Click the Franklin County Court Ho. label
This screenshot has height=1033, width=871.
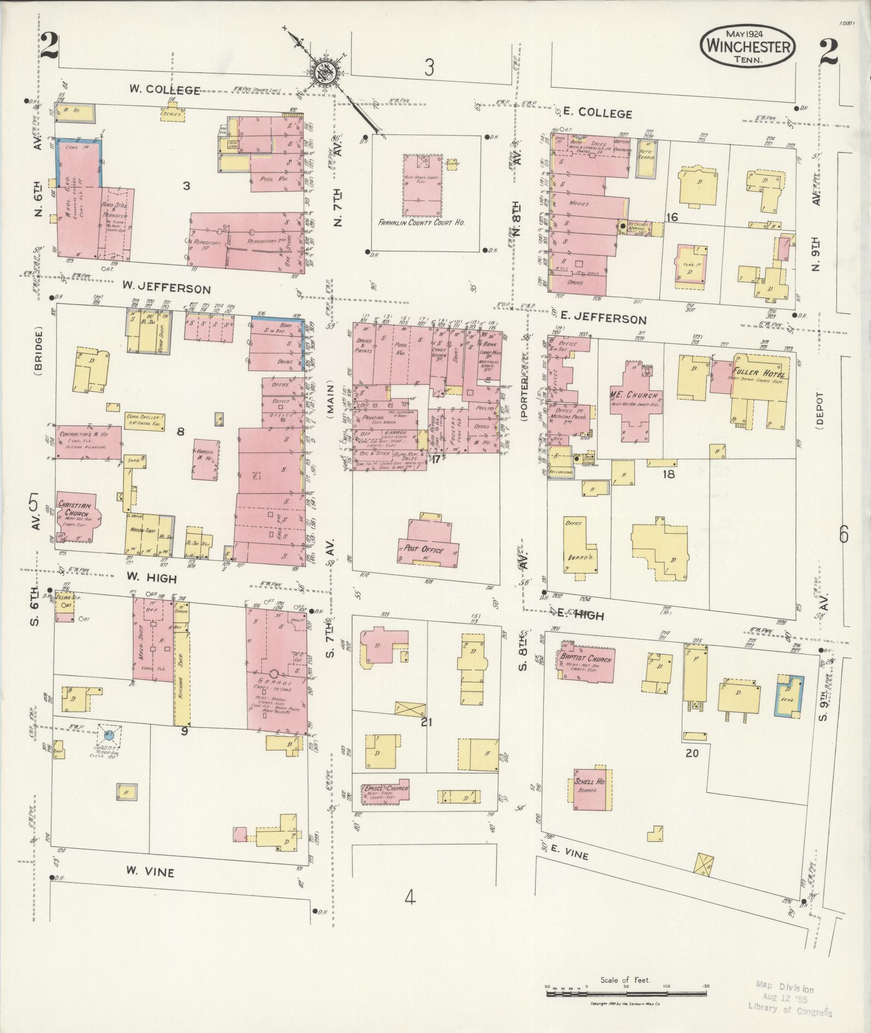click(421, 222)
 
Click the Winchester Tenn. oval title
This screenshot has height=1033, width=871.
click(747, 47)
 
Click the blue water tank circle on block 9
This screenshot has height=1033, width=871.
click(109, 734)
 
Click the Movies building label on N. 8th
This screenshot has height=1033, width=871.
click(578, 204)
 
